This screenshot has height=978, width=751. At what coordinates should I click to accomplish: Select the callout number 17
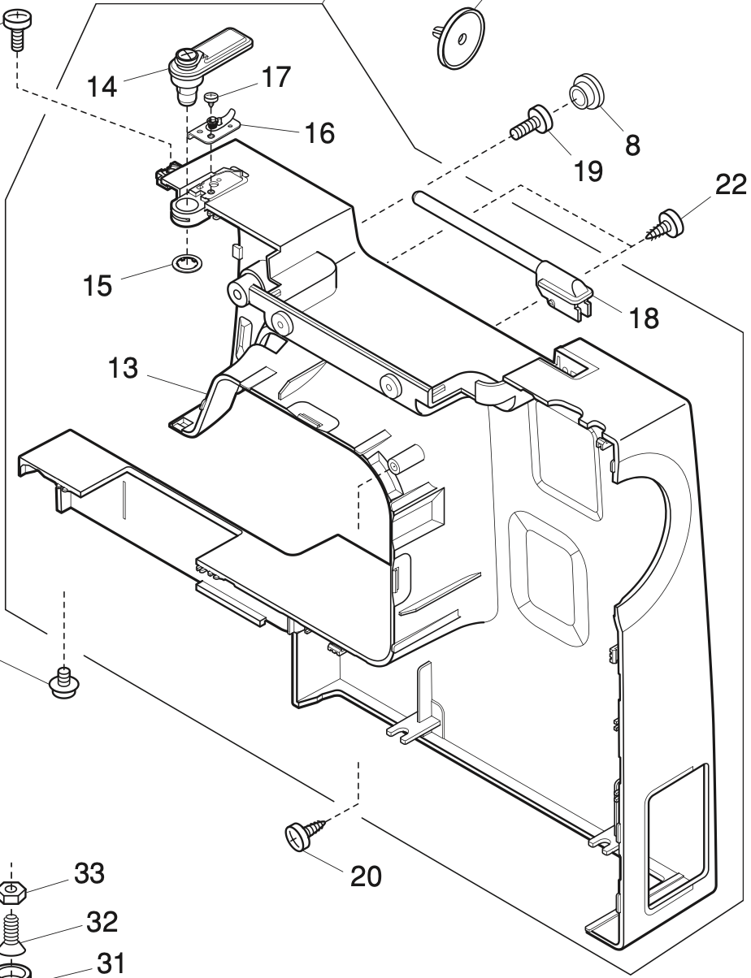(276, 79)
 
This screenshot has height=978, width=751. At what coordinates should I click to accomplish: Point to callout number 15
(97, 287)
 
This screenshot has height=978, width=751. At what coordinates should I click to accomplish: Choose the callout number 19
(588, 171)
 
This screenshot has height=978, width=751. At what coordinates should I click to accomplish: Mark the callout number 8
(632, 145)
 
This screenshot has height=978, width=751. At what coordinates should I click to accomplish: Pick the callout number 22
(729, 185)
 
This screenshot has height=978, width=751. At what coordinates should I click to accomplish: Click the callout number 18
(644, 318)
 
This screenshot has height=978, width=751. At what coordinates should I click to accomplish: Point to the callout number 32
(102, 922)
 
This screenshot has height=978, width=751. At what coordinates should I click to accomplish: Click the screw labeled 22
(667, 223)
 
